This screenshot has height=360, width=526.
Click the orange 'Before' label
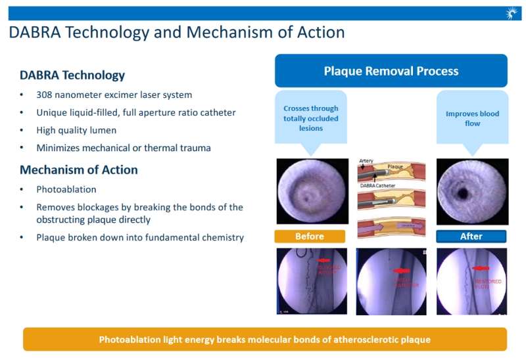(x=309, y=236)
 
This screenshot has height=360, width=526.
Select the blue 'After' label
(x=471, y=236)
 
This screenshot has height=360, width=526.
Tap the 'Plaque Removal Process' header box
(x=391, y=71)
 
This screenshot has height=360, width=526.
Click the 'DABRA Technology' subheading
(x=72, y=76)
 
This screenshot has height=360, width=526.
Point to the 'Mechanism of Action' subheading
(x=78, y=169)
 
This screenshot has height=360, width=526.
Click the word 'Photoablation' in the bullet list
(x=66, y=189)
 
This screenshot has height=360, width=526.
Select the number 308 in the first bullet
(x=45, y=95)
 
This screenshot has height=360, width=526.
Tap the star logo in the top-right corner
(x=512, y=13)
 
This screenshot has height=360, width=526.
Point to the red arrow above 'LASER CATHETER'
(x=400, y=271)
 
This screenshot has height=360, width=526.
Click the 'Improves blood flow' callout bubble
(x=472, y=119)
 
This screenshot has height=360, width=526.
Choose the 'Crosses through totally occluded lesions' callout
(x=310, y=118)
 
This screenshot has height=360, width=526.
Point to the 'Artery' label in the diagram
(x=366, y=161)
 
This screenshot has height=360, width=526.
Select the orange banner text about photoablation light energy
(x=265, y=340)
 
